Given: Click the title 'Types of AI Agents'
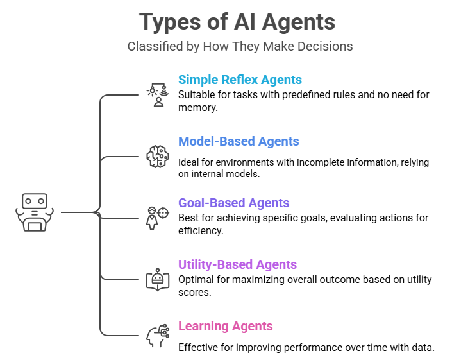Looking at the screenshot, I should click(x=238, y=22).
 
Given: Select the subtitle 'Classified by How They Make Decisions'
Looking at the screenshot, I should click(x=239, y=46).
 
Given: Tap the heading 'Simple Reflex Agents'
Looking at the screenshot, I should click(x=240, y=80).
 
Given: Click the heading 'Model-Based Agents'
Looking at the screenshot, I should click(x=239, y=141).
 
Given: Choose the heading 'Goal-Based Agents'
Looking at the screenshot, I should click(x=233, y=203).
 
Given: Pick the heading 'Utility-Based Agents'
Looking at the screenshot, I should click(x=237, y=264).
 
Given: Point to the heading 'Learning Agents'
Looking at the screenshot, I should click(x=225, y=326).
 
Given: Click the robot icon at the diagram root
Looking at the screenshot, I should click(x=35, y=212).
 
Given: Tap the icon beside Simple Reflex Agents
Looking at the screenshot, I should click(x=156, y=94).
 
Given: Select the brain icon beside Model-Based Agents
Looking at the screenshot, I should click(x=156, y=156).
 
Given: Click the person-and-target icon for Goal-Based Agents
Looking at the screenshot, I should click(x=157, y=217).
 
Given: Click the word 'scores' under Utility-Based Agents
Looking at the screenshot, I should click(x=194, y=293).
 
